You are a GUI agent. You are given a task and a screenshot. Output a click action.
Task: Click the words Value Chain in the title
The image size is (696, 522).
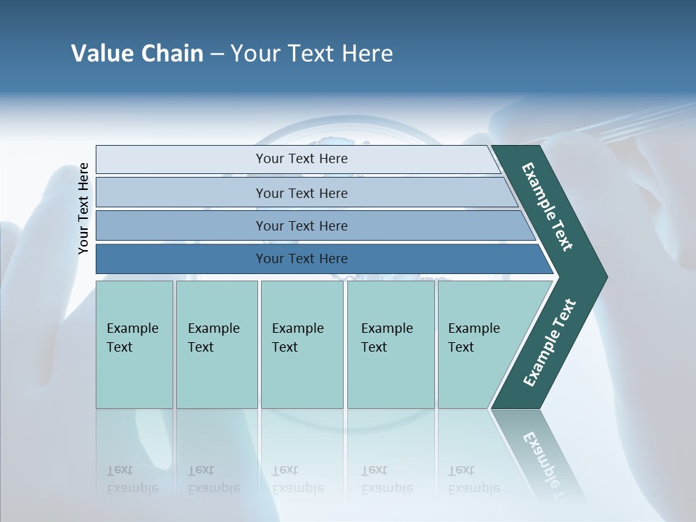[137, 54]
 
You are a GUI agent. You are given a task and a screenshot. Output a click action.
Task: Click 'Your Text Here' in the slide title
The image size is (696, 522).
[312, 54]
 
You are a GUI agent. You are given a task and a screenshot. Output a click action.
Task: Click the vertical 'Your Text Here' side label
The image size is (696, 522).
[83, 209]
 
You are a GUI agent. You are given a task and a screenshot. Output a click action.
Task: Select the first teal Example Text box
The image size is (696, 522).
[134, 344]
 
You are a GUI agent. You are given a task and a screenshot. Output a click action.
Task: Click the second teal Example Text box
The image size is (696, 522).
[217, 344]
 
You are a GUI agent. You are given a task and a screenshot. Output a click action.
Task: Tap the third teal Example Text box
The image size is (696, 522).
[302, 344]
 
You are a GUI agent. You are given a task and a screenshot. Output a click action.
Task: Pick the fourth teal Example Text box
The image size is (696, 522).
[391, 344]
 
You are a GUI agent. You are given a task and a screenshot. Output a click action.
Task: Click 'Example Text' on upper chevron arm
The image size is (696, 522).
[547, 207]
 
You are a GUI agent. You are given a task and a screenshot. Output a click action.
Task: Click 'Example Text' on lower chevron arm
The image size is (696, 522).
[549, 343]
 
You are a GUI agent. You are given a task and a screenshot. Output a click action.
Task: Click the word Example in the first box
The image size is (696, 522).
[132, 328]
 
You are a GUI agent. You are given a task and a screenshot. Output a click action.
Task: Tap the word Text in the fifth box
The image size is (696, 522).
[460, 347]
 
